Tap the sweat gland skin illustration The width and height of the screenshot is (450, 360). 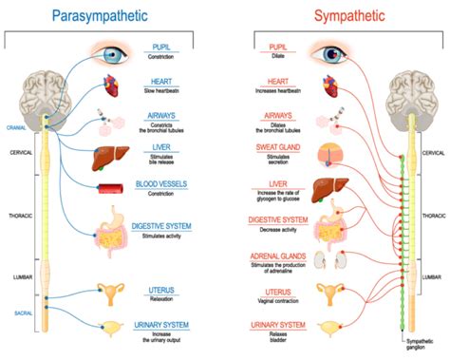tap(333, 154)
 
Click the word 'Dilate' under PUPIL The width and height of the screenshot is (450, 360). tap(278, 55)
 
